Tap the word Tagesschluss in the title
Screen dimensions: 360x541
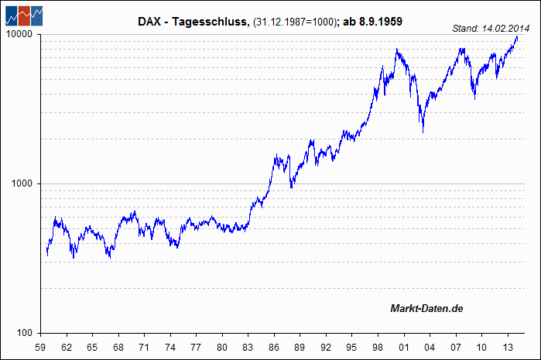(x=213, y=22)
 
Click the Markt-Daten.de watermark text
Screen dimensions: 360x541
(x=426, y=310)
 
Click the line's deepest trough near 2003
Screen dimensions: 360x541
(x=423, y=132)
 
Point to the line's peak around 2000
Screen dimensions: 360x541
(x=396, y=50)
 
